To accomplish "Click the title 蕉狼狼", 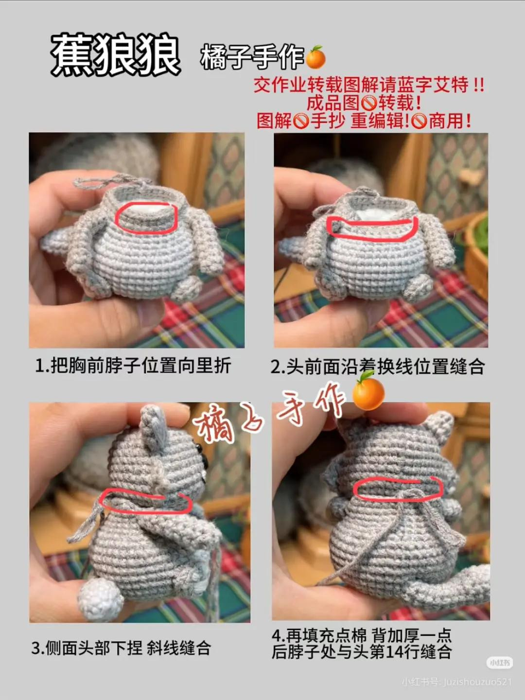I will point(115,55).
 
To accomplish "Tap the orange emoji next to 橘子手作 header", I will point(315,58).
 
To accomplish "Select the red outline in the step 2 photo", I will point(372,227).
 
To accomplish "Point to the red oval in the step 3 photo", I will point(144,501).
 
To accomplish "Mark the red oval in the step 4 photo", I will point(397,488).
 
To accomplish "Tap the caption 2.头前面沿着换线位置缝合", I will point(377,367).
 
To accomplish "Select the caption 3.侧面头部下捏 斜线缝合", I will point(121,647).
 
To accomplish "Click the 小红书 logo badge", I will point(499,663).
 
